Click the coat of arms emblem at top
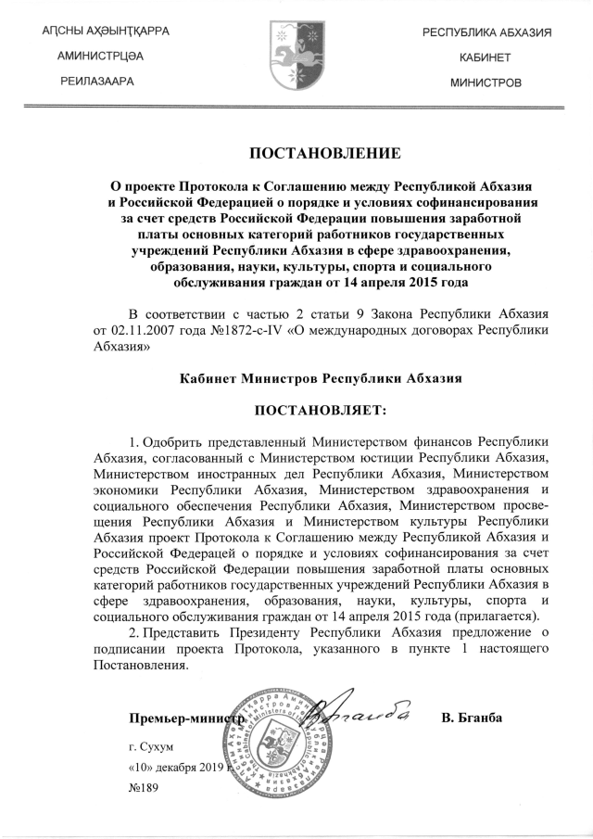(296, 55)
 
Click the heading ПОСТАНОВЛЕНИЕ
(312, 152)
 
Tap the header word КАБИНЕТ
(486, 57)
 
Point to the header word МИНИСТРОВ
(486, 83)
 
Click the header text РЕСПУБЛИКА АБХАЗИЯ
(486, 33)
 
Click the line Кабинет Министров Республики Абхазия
(320, 378)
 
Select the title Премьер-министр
(186, 718)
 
